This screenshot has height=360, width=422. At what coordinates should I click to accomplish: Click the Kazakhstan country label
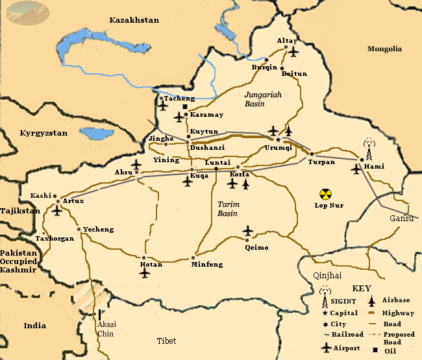134,20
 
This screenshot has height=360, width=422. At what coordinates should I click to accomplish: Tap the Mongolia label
384,49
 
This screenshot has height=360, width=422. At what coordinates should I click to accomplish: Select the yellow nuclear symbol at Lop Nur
325,193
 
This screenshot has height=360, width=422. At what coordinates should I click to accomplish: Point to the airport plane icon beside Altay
293,51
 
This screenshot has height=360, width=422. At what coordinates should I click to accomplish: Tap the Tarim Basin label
228,208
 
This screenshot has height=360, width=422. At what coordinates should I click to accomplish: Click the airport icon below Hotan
144,273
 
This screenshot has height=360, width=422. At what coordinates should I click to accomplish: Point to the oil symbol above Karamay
185,106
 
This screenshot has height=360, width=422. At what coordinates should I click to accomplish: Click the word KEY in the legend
362,287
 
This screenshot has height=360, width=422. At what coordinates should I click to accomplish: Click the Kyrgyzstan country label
43,133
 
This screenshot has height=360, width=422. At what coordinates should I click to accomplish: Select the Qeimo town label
256,247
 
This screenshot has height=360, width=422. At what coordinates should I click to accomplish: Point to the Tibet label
166,341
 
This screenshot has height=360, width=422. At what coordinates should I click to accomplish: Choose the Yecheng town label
98,230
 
